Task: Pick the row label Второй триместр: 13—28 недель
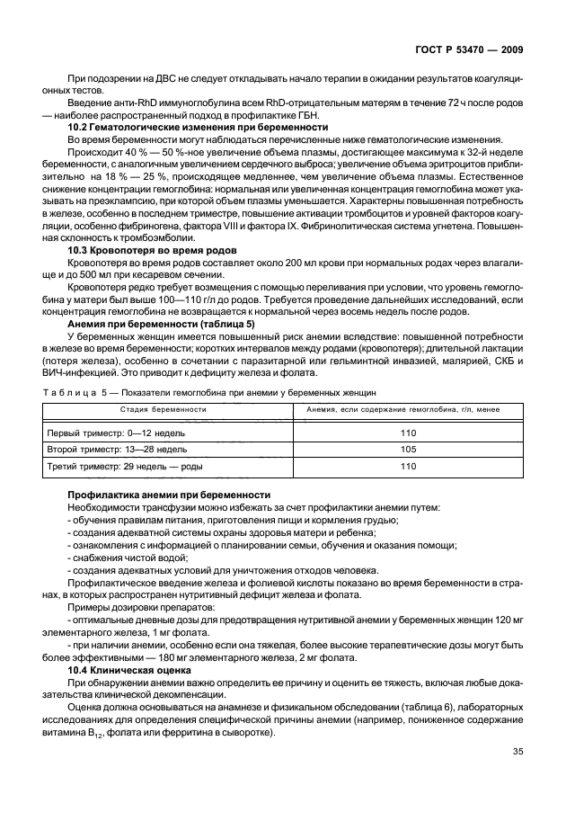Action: [x=117, y=449]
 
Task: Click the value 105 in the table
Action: [x=408, y=449]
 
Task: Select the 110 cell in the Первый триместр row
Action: [x=408, y=433]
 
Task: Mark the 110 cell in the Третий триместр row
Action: [x=408, y=467]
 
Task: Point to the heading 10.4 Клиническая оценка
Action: [x=129, y=670]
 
